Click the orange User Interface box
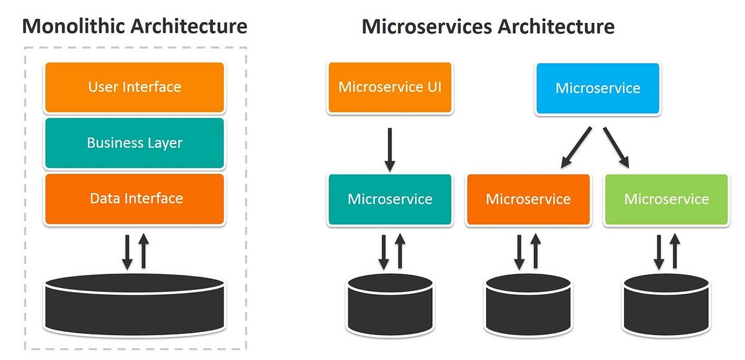[134, 87]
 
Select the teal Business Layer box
[134, 143]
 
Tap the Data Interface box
[134, 199]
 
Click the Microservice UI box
[390, 87]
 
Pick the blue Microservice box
[597, 88]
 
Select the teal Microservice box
[390, 199]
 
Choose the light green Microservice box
[666, 199]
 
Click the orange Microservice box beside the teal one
[528, 199]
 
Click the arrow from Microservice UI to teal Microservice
[390, 149]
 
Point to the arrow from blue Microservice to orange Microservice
[576, 147]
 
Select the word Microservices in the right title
[428, 26]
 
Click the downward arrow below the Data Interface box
[127, 251]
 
